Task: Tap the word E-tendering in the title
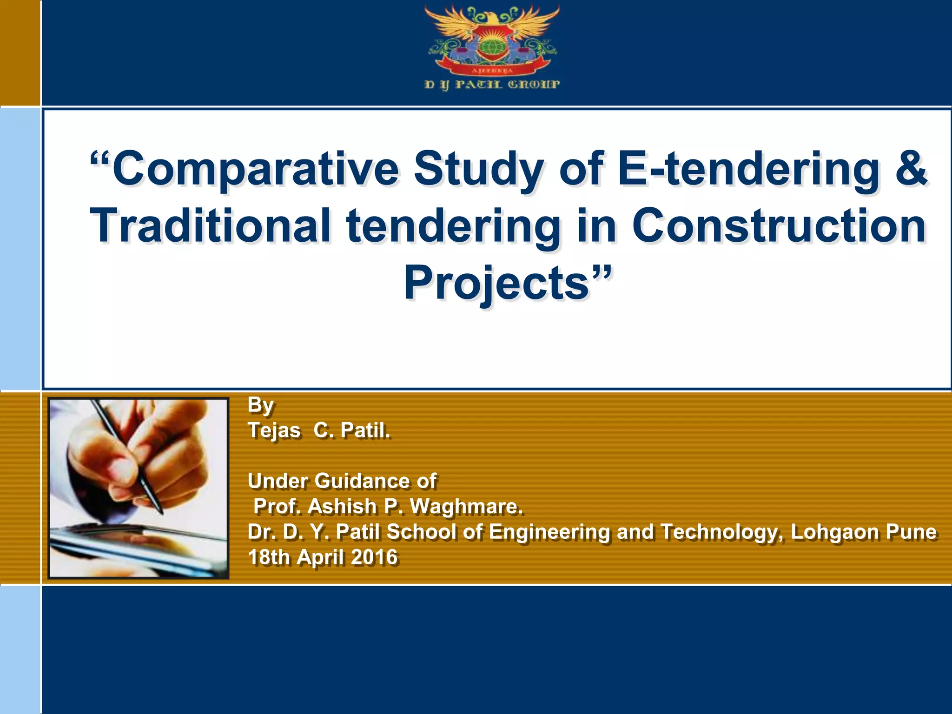[x=748, y=168]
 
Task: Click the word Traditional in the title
[x=211, y=226]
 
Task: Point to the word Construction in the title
[x=779, y=226]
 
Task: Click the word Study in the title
[x=479, y=168]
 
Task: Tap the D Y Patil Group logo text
[x=492, y=85]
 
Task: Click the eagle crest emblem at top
[x=492, y=40]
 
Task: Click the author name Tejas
[x=274, y=430]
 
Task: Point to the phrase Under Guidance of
[x=342, y=481]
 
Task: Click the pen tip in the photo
[x=161, y=512]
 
